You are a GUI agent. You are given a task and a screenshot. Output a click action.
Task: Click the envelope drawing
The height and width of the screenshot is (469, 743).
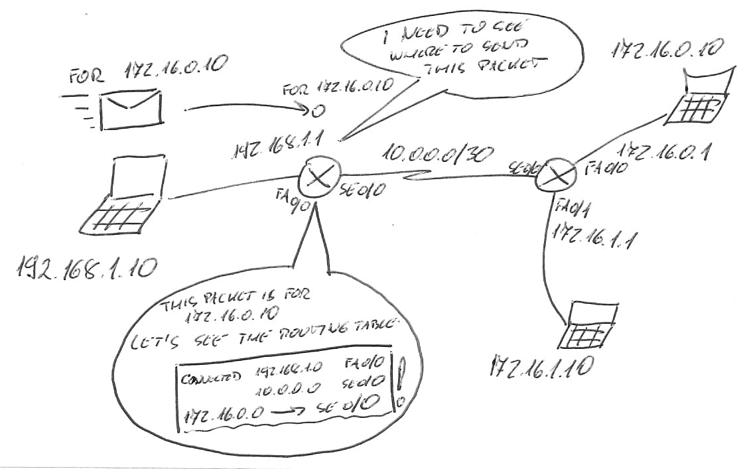131,109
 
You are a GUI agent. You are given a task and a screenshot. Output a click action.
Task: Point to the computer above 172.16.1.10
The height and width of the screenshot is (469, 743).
587,327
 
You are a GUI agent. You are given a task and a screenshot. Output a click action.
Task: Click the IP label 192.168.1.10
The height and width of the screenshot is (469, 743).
86,267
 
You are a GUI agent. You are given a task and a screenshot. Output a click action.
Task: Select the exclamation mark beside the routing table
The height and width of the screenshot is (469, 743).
401,375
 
